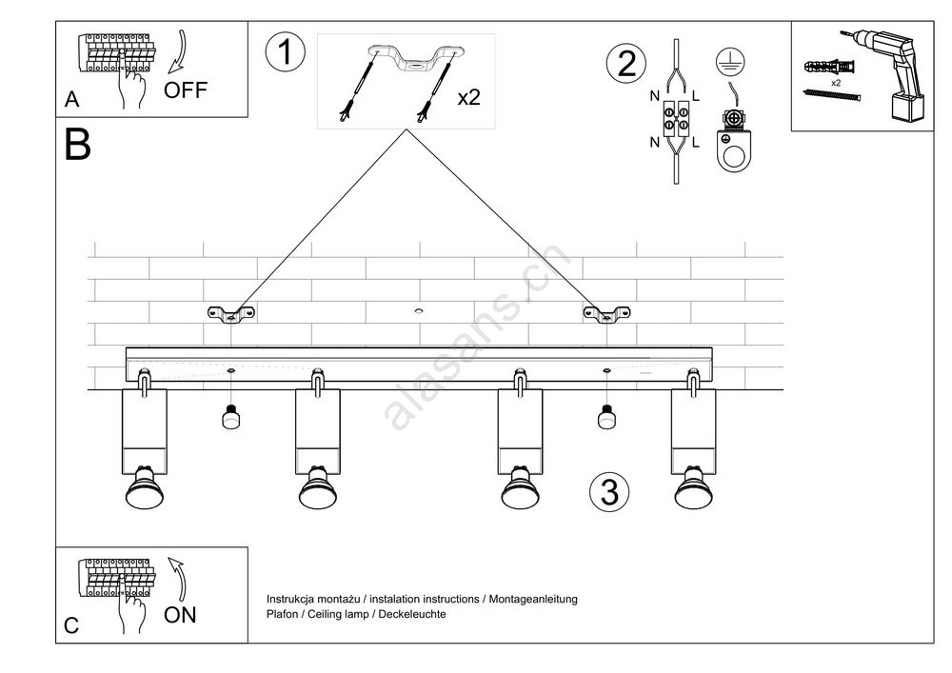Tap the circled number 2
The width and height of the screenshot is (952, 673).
625,63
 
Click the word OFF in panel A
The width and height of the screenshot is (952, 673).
185,91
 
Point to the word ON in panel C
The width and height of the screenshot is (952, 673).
180,615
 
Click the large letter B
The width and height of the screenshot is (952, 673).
78,145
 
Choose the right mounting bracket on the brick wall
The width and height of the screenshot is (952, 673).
606,313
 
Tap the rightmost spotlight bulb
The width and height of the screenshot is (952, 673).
694,489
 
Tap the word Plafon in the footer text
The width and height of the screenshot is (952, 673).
284,615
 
